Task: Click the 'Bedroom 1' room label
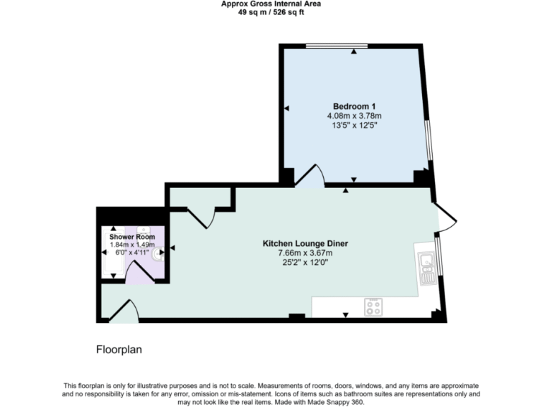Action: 354,106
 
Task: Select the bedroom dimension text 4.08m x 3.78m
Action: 354,116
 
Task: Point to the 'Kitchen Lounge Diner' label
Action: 305,243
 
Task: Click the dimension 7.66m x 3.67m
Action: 305,253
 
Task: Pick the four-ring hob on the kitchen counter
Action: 373,307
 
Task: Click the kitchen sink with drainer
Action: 426,267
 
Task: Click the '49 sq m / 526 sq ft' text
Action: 271,12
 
